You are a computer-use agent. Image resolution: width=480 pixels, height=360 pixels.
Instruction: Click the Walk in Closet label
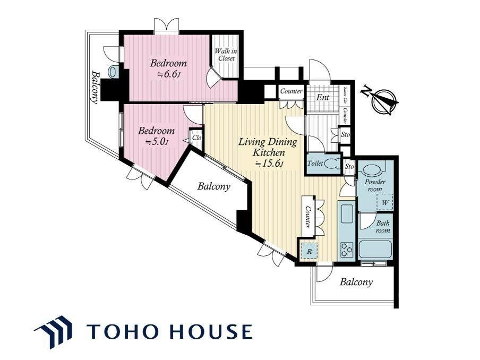pyautogui.click(x=226, y=55)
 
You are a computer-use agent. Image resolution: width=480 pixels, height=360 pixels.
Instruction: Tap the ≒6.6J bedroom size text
pyautogui.click(x=168, y=74)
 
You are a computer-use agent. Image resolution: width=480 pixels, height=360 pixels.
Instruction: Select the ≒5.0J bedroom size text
pyautogui.click(x=156, y=142)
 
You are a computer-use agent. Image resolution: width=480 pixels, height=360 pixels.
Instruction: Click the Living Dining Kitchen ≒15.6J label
pyautogui.click(x=268, y=152)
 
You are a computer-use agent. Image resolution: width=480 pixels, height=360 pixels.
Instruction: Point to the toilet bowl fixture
pyautogui.click(x=332, y=164)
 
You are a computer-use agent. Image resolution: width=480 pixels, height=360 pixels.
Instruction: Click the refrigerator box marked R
pyautogui.click(x=309, y=251)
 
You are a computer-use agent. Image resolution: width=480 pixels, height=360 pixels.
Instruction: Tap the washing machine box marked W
pyautogui.click(x=385, y=202)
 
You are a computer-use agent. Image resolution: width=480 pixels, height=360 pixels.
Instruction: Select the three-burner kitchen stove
pyautogui.click(x=347, y=250)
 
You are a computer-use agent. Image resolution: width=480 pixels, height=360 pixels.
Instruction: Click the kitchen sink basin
pyautogui.click(x=347, y=215)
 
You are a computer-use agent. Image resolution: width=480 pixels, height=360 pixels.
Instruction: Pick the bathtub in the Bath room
pyautogui.click(x=375, y=249)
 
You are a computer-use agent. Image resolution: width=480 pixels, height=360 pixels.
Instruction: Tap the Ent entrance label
pyautogui.click(x=323, y=97)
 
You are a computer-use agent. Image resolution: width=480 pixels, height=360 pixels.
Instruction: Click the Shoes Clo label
pyautogui.click(x=345, y=95)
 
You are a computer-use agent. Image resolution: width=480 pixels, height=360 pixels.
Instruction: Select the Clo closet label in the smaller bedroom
pyautogui.click(x=196, y=138)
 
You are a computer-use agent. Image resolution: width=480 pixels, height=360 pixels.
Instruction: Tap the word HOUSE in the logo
pyautogui.click(x=211, y=331)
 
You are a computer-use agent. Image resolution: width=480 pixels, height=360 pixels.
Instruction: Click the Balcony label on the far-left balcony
pyautogui.click(x=95, y=87)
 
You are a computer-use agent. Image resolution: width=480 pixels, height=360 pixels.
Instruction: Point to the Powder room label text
pyautogui.click(x=375, y=185)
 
